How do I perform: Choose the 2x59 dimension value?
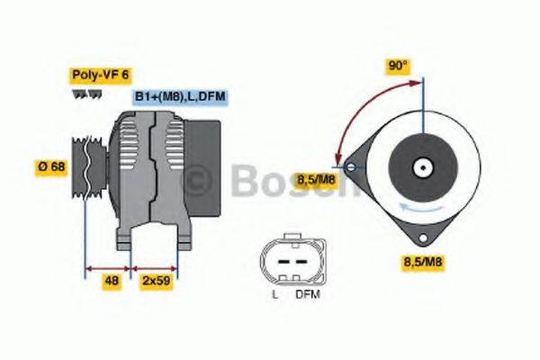(157, 281)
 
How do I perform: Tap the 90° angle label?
(398, 66)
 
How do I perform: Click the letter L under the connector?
(274, 294)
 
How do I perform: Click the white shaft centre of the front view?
(420, 167)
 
